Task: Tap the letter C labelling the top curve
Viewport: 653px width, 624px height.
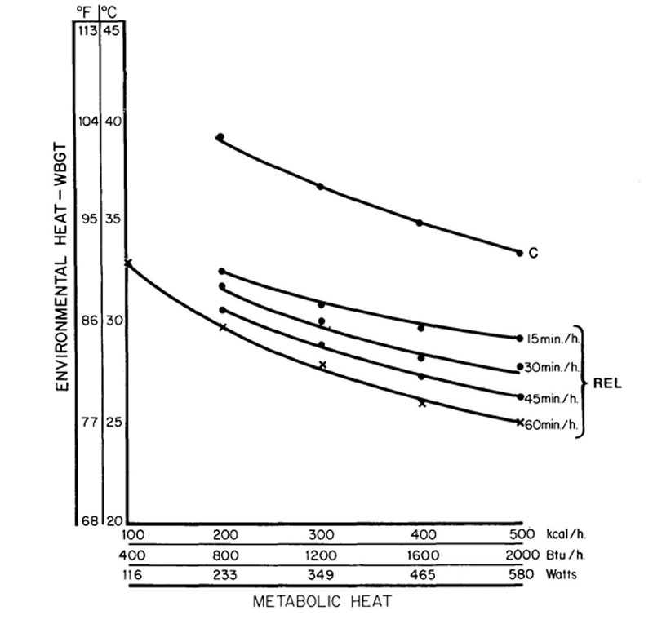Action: click(533, 254)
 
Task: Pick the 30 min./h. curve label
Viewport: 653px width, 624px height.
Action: click(553, 367)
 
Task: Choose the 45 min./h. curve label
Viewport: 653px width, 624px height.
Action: click(553, 397)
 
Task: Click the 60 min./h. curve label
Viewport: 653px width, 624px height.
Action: click(553, 423)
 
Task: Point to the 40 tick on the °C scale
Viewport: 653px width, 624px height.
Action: click(112, 121)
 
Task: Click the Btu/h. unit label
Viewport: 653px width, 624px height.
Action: click(560, 555)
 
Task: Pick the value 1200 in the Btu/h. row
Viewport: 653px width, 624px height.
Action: click(321, 555)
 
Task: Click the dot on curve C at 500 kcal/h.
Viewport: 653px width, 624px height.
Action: click(519, 253)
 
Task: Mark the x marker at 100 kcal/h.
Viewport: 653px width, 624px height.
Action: click(127, 262)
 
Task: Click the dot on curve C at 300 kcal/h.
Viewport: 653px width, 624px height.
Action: click(321, 187)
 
